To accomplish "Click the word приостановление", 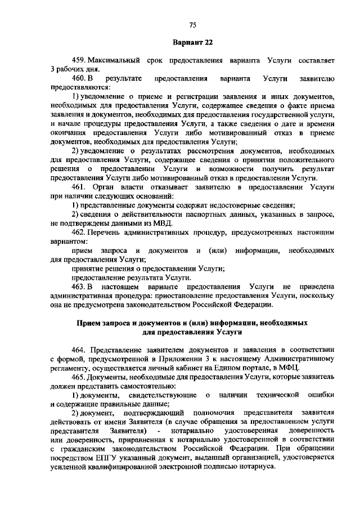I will (210, 296).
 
